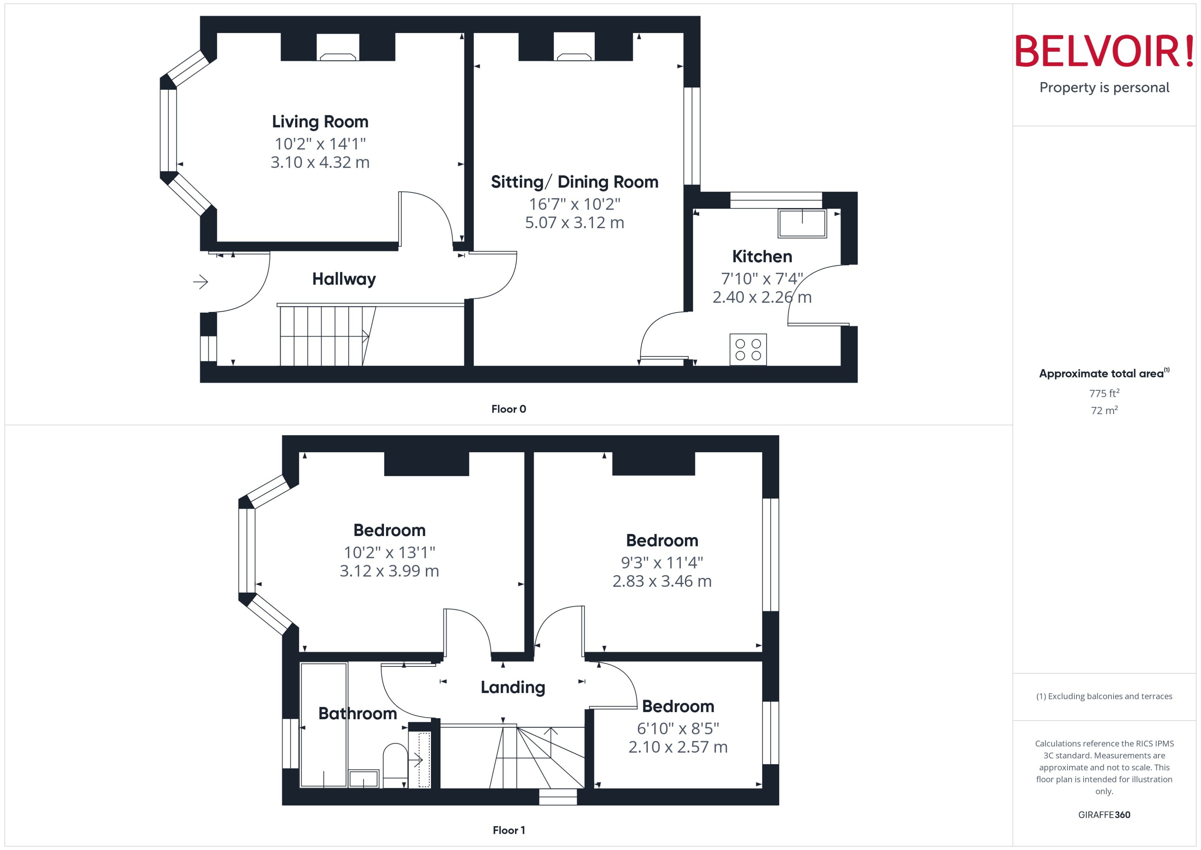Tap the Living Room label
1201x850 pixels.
[x=320, y=121]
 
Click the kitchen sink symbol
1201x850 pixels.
[x=802, y=223]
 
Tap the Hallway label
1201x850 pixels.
[x=344, y=279]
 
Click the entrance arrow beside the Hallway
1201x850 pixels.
[x=200, y=282]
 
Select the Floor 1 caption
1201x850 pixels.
[x=508, y=830]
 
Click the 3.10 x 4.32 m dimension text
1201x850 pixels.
[x=320, y=162]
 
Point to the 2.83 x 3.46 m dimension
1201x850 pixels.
[x=662, y=581]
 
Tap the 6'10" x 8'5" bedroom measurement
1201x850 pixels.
[x=678, y=728]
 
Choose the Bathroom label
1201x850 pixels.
[x=358, y=713]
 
